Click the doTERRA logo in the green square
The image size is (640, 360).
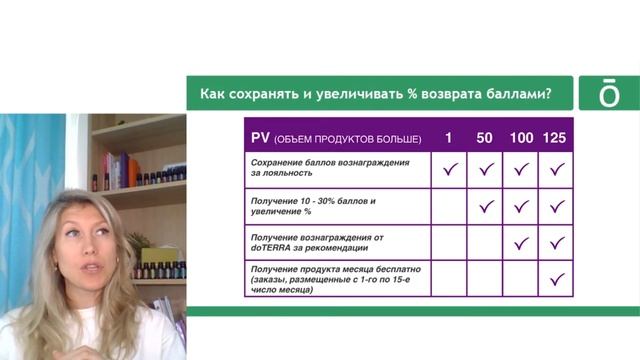point(608,93)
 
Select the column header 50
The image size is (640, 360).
point(485,137)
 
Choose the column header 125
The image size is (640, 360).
point(555,137)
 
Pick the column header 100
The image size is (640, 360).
point(520,137)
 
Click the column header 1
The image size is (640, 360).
point(449,137)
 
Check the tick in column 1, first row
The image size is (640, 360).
point(450,169)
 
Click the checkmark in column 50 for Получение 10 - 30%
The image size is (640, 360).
point(486,206)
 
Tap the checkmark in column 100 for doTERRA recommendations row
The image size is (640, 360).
point(521,242)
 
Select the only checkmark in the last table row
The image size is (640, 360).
point(557,279)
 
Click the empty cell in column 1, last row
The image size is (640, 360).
point(450,279)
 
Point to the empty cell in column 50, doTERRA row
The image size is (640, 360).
point(486,242)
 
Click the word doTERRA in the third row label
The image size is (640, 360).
point(272,247)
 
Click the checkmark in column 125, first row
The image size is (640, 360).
point(557,169)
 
